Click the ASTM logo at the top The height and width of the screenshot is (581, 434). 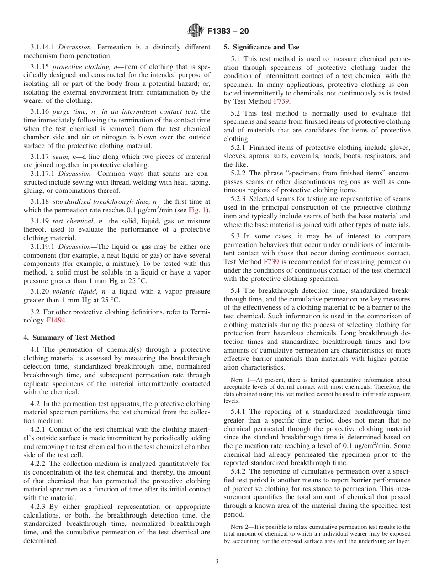195,31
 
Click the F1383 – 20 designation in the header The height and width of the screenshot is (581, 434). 228,32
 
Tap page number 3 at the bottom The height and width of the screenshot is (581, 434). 217,561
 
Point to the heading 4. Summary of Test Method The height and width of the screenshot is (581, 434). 69,338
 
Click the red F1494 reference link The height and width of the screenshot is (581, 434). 56,320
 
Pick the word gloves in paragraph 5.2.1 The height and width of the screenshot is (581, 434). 400,148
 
